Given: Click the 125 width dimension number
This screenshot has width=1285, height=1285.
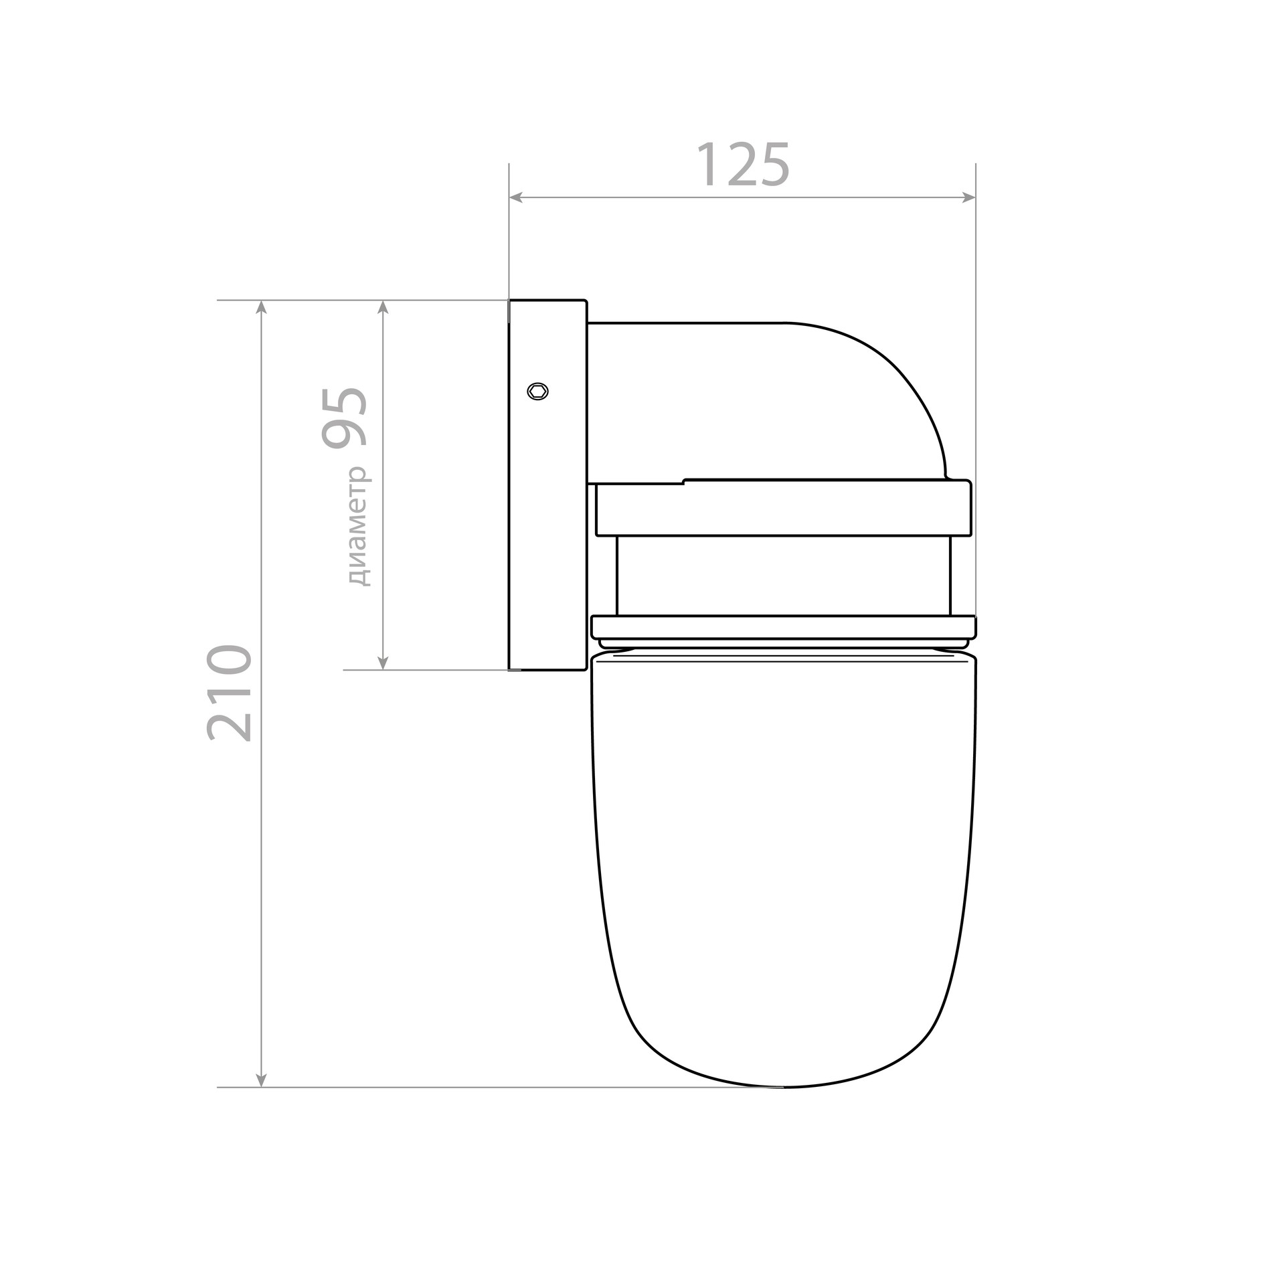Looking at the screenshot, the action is click(x=744, y=164).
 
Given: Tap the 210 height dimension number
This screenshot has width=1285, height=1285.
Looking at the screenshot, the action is click(x=230, y=693).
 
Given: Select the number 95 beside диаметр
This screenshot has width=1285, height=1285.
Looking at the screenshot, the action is click(x=344, y=418).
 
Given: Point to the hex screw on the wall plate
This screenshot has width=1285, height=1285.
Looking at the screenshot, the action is click(x=537, y=391).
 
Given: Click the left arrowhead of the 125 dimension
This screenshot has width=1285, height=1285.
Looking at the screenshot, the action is click(x=515, y=197).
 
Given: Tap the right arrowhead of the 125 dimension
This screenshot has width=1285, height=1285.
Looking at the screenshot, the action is click(x=968, y=197).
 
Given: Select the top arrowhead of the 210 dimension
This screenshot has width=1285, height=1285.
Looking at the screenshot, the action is click(x=262, y=307).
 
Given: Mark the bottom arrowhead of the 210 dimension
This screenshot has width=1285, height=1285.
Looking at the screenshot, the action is click(x=262, y=1099).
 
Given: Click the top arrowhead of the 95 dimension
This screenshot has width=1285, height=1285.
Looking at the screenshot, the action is click(x=383, y=307).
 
